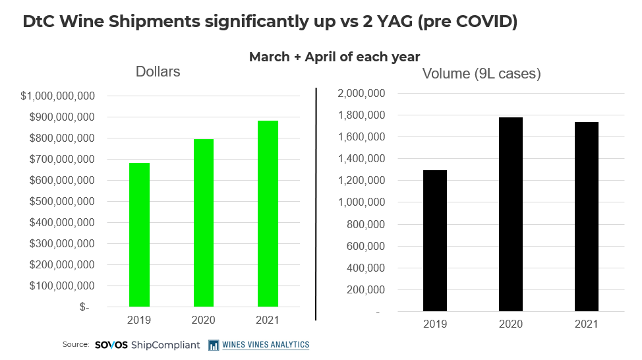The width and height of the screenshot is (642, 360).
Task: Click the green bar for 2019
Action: (138, 235)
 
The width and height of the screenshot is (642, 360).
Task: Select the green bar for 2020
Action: (204, 223)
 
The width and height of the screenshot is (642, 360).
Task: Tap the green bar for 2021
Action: (268, 214)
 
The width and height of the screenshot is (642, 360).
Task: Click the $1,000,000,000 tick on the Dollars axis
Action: (59, 96)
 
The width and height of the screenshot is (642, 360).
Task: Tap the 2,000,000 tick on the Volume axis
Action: (361, 94)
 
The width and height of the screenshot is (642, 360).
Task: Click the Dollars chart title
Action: (158, 71)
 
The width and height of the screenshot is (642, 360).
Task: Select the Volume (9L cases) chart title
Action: (481, 74)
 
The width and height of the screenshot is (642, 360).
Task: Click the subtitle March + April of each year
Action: (334, 57)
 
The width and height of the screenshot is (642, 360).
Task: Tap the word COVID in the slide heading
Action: (479, 21)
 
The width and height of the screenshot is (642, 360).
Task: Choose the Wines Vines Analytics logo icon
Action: (214, 345)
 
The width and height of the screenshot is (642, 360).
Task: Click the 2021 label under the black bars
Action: (587, 324)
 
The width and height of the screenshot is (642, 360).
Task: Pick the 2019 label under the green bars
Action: (138, 320)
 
